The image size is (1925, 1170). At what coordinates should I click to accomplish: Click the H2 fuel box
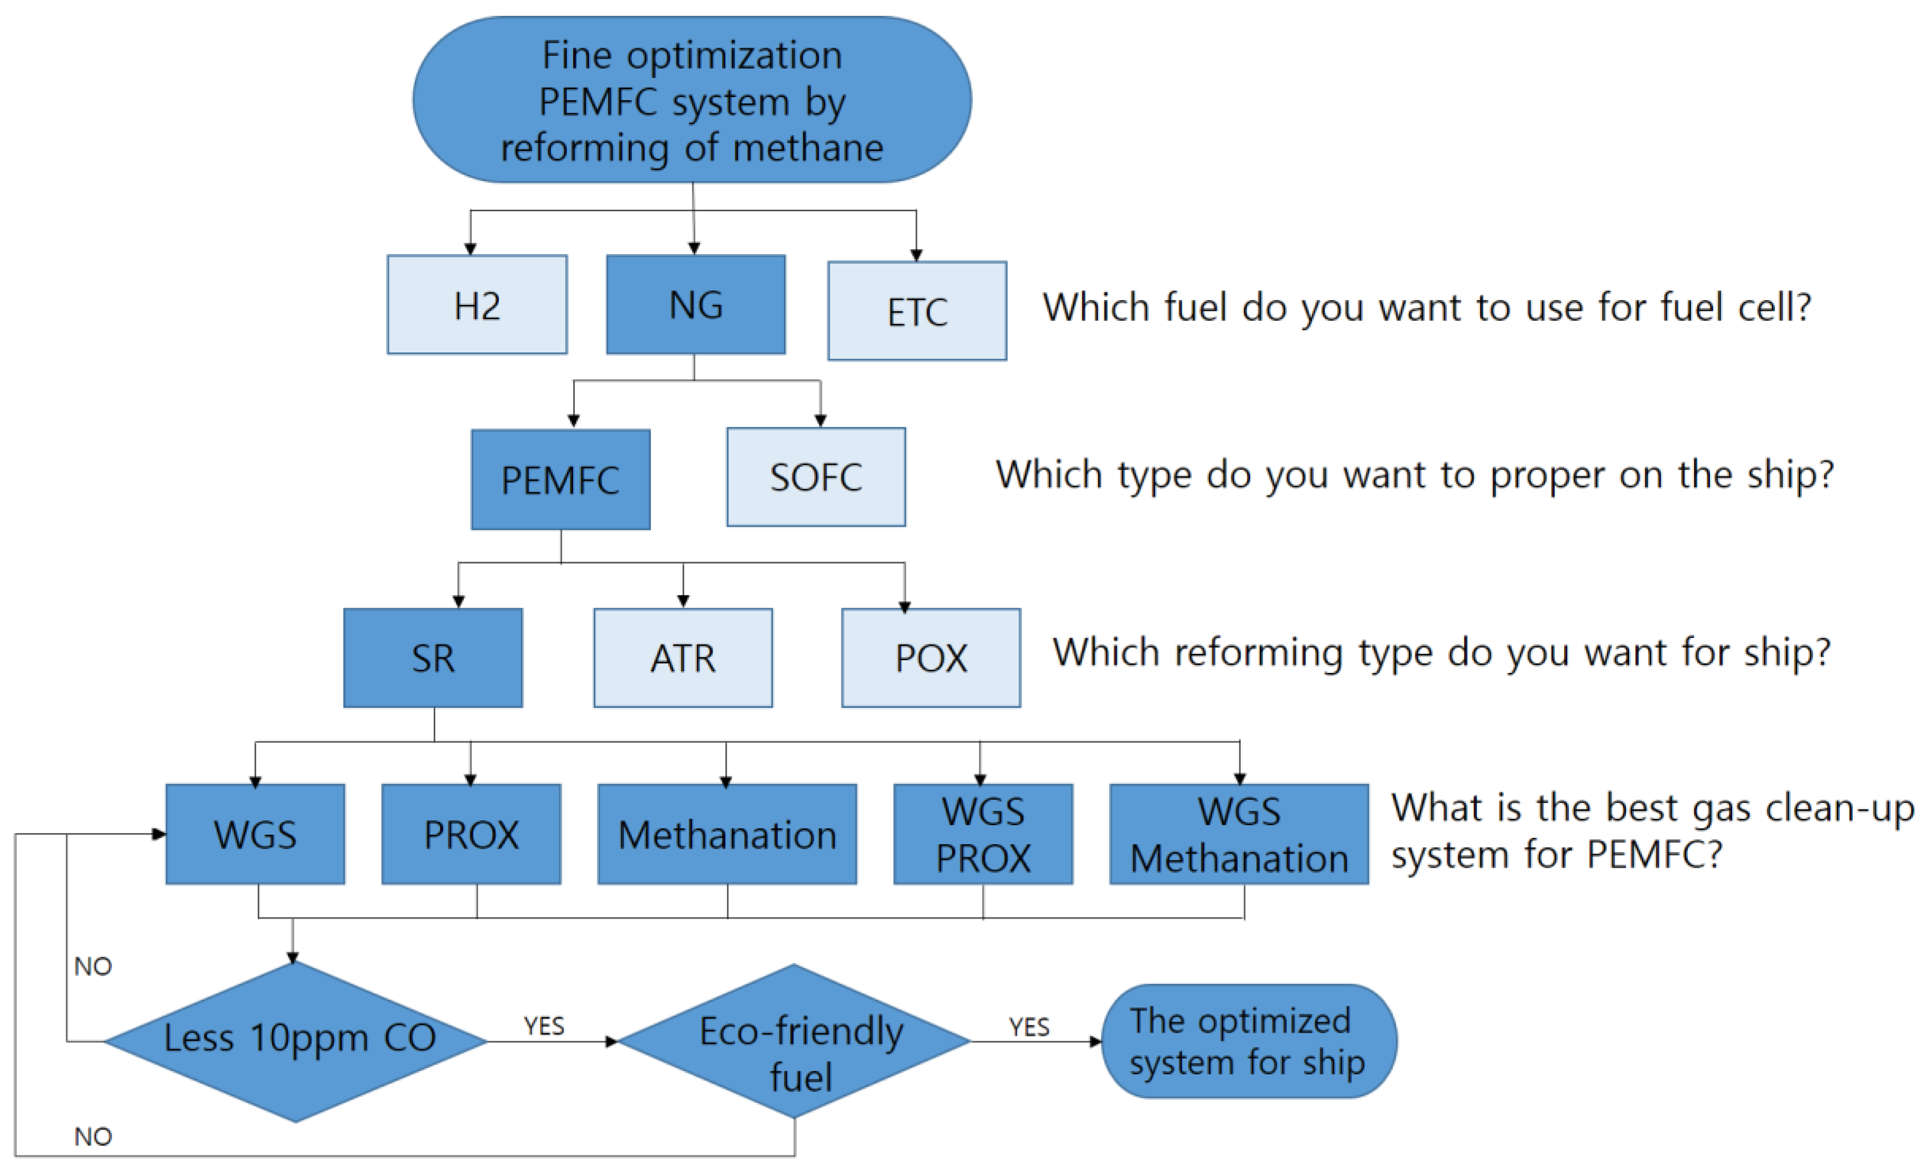pyautogui.click(x=476, y=305)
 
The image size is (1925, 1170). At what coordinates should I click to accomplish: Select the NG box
pyautogui.click(x=695, y=305)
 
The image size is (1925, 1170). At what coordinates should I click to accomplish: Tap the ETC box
pyautogui.click(x=917, y=311)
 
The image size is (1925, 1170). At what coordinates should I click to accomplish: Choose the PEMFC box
pyautogui.click(x=560, y=480)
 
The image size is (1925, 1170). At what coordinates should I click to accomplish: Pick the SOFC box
pyautogui.click(x=816, y=476)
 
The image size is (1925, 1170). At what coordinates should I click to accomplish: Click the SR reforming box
pyautogui.click(x=433, y=658)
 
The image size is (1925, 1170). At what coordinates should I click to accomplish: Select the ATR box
pyautogui.click(x=683, y=658)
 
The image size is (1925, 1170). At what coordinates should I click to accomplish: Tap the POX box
pyautogui.click(x=930, y=658)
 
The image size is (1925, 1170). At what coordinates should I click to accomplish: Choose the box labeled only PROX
pyautogui.click(x=471, y=834)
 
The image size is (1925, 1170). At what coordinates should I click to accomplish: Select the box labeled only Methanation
pyautogui.click(x=726, y=834)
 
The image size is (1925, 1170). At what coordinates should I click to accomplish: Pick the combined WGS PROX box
pyautogui.click(x=983, y=834)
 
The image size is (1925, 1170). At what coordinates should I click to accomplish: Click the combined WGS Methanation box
pyautogui.click(x=1239, y=834)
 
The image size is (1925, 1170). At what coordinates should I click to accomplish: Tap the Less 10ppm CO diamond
pyautogui.click(x=297, y=1041)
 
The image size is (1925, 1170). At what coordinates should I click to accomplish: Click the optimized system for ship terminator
pyautogui.click(x=1248, y=1041)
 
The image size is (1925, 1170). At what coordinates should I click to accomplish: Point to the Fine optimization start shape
pyautogui.click(x=692, y=100)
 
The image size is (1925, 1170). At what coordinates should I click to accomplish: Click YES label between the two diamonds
pyautogui.click(x=544, y=1025)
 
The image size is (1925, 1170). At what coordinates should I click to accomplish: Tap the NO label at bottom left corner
pyautogui.click(x=93, y=1136)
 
